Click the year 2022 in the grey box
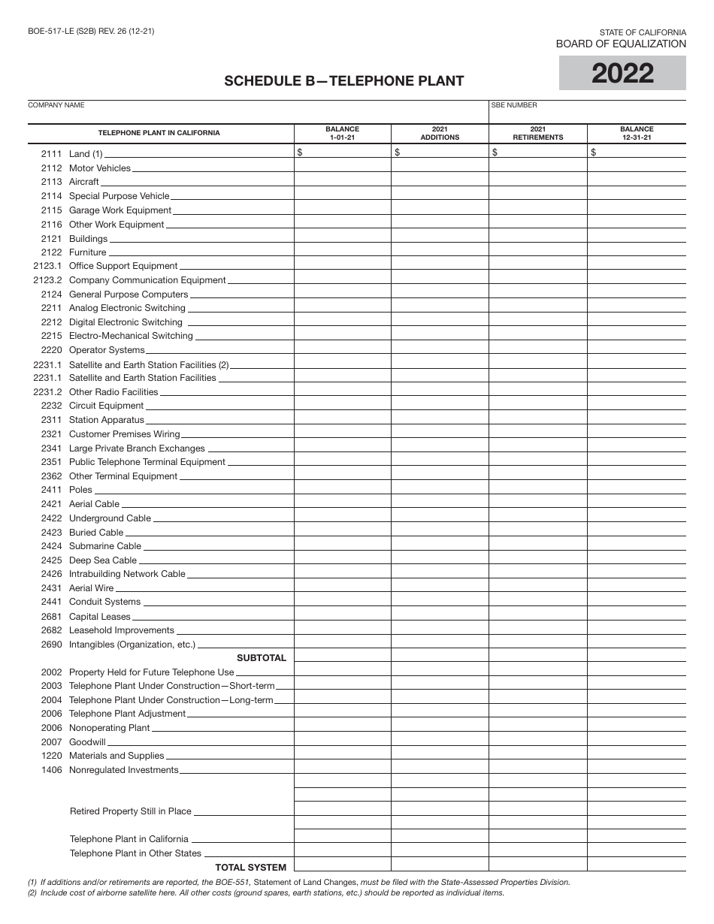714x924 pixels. coord(622,74)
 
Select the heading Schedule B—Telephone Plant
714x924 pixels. coord(343,81)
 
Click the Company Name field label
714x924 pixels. coord(56,105)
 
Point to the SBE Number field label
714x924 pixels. coord(514,105)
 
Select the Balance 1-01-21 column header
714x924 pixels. coord(342,133)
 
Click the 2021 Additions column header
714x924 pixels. coord(440,133)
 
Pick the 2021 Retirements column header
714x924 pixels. coord(538,133)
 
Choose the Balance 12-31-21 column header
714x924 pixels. coord(637,133)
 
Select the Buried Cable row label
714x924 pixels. coord(95,532)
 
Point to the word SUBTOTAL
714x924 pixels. coord(262,658)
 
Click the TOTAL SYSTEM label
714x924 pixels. coord(250,868)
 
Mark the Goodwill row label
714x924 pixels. coord(87,741)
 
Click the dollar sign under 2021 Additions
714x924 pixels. coord(398,153)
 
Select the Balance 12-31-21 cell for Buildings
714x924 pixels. coord(637,238)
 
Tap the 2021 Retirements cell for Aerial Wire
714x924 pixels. coord(538,588)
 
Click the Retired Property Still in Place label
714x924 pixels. coord(131,811)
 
